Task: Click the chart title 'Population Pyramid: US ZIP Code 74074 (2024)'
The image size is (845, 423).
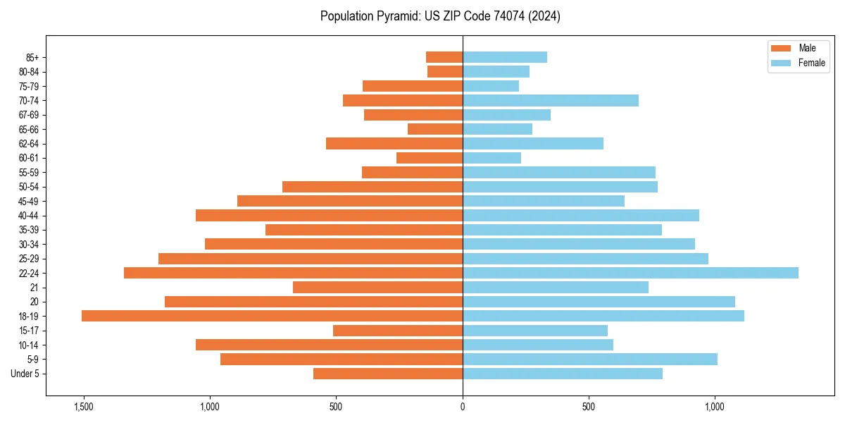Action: (440, 16)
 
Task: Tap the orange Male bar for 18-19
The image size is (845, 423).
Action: (272, 316)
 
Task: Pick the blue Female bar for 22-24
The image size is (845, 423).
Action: (630, 273)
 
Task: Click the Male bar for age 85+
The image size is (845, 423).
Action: (444, 57)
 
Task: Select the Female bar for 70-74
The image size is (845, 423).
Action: (551, 100)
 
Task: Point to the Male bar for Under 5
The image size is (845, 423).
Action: (388, 374)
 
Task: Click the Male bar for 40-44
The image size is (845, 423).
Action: (329, 215)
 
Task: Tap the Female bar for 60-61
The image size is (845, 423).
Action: (492, 158)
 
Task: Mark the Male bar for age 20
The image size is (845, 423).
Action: (313, 302)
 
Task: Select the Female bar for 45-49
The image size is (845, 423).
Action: (544, 201)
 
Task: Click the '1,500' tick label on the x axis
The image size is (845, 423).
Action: (84, 407)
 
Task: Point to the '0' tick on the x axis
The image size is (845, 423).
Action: (463, 407)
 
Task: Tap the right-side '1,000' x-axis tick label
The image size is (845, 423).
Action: (715, 407)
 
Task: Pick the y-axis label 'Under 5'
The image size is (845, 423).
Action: (25, 374)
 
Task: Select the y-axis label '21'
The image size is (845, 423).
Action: (34, 288)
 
